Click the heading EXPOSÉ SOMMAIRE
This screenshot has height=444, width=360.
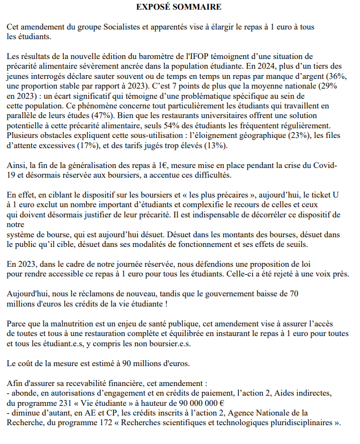pyautogui.click(x=179, y=7)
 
